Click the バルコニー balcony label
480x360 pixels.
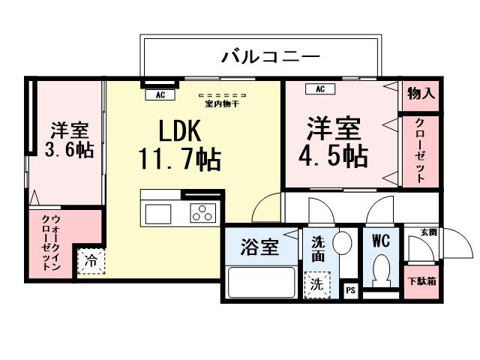point(271,56)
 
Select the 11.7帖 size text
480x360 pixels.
point(178,159)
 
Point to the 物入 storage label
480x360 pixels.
point(420,94)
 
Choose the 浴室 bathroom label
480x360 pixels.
point(259,247)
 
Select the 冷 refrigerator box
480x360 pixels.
point(91,262)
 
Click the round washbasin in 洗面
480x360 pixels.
point(342,243)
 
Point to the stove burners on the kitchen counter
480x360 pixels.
point(202,213)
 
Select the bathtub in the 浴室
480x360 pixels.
point(260,282)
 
